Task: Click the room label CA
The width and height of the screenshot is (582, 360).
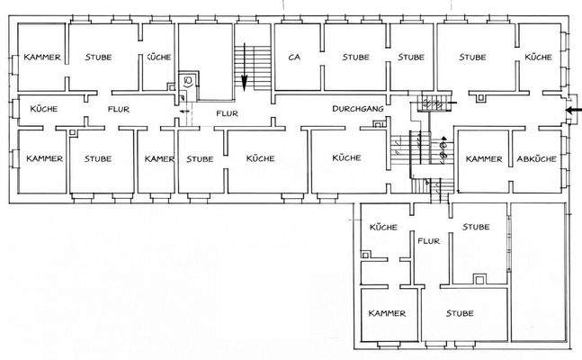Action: tap(294, 57)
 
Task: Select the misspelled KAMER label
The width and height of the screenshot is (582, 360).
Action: tap(159, 159)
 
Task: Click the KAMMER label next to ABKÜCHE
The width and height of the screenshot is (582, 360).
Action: tap(484, 159)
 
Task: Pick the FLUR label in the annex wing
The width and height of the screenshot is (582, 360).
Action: tap(428, 242)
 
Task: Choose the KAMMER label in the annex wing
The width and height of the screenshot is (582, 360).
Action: tap(387, 314)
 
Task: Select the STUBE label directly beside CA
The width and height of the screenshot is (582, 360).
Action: tap(356, 57)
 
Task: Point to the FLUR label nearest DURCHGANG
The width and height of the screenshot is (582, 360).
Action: tap(226, 114)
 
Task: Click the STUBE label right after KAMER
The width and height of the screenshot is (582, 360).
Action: tap(200, 159)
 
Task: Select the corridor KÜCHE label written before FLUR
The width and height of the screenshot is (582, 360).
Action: tap(44, 109)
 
